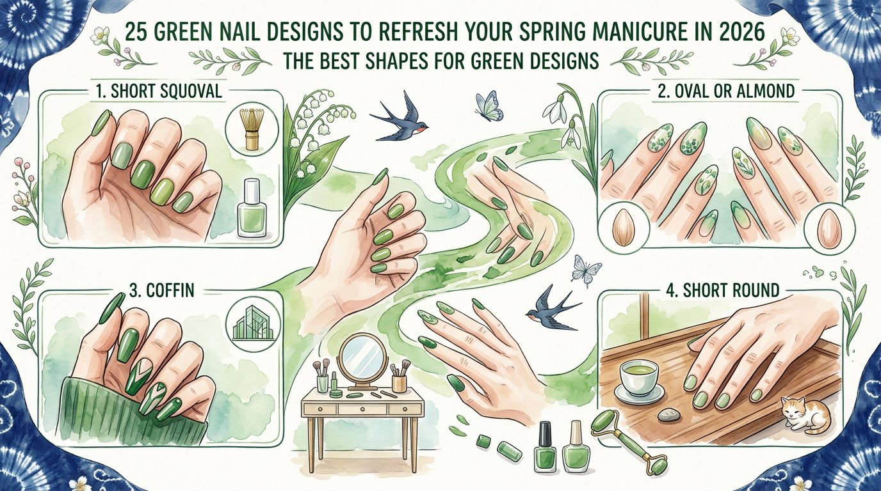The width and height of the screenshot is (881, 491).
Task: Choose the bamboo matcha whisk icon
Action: coord(247,130)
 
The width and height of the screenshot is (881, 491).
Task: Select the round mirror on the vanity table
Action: coord(362,359)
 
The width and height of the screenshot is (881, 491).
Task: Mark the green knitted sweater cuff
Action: coord(128,409)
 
